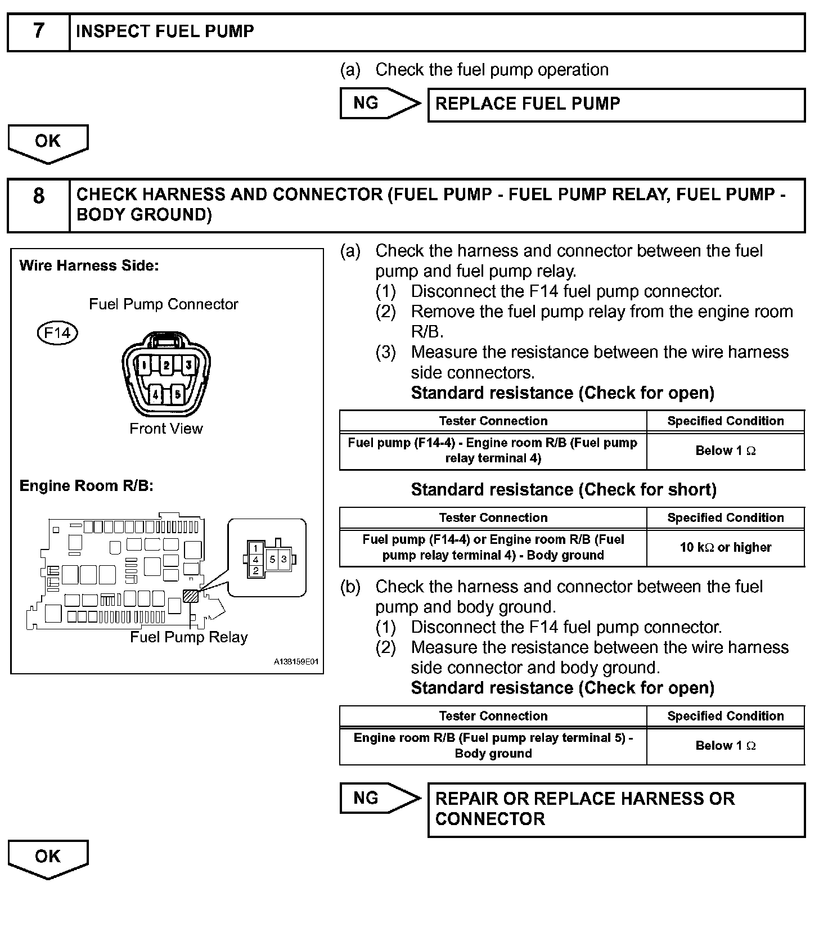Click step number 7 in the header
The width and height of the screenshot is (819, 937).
38,31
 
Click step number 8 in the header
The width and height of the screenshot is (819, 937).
38,196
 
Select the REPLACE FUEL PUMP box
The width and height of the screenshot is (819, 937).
616,105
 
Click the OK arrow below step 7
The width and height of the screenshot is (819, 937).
48,143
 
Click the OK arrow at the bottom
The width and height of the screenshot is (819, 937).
48,858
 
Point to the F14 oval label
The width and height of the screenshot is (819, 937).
57,333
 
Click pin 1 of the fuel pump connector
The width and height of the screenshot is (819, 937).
144,366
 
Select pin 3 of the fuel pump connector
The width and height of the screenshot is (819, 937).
188,366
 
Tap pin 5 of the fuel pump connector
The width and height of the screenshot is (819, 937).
177,394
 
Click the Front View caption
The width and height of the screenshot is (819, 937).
166,429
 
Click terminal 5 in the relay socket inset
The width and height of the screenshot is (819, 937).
272,560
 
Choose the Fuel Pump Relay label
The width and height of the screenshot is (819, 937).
189,637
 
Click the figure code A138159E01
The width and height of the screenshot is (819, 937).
296,662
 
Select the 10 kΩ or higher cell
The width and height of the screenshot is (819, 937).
725,547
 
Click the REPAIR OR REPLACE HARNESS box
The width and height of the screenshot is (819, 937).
616,809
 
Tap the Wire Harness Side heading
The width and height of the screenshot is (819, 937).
89,265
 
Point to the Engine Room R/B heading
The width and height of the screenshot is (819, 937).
86,486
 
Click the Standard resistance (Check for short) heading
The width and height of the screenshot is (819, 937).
564,490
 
